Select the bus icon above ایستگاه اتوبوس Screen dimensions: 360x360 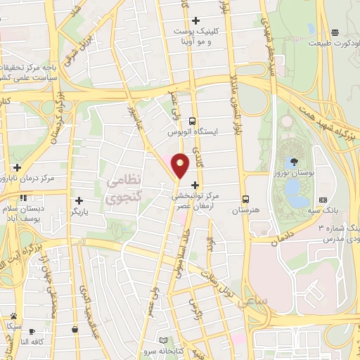(x=192, y=120)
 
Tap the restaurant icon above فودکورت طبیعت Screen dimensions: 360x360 (x=335, y=32)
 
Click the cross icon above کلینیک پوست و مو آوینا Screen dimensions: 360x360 (x=195, y=20)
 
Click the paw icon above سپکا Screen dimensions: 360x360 (x=13, y=316)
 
